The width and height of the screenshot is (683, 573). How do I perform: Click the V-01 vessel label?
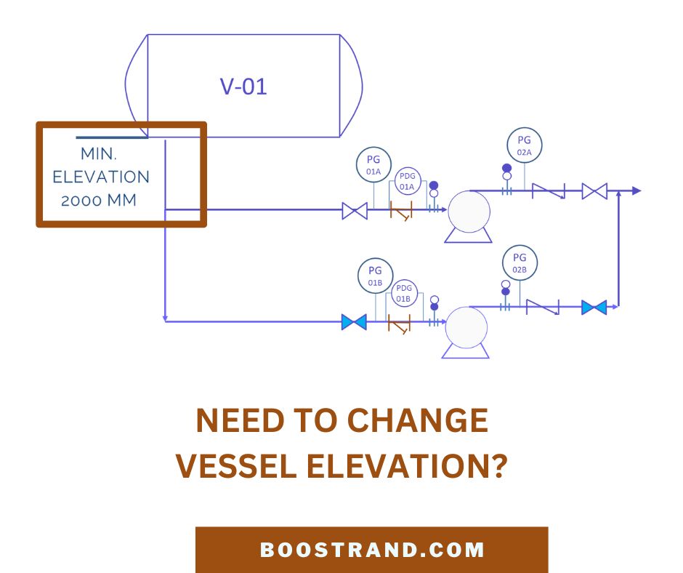[x=243, y=87]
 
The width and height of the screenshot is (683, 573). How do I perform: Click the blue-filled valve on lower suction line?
[x=354, y=322]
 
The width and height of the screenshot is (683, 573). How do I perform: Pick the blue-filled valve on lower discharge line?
[x=594, y=307]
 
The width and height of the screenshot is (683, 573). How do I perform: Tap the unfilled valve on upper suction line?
[x=355, y=211]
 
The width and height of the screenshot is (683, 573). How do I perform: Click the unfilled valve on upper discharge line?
[x=594, y=191]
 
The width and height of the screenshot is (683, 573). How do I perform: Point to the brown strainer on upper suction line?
[x=401, y=211]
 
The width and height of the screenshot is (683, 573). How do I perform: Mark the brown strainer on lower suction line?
[x=399, y=324]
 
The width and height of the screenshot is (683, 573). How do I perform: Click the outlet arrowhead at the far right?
[x=636, y=191]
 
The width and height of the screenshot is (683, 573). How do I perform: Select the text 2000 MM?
[x=99, y=201]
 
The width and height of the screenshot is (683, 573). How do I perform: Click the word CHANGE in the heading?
[x=418, y=420]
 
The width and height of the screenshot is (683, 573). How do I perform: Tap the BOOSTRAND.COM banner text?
[x=372, y=550]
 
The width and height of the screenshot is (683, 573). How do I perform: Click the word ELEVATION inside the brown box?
[x=101, y=177]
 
